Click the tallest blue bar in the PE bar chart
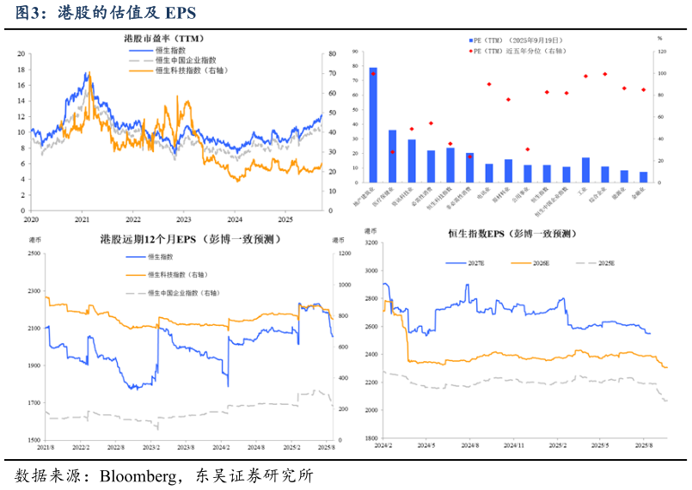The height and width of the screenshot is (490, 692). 372,125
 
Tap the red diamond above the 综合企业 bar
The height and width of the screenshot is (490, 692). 605,74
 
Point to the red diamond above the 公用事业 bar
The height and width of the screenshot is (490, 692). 528,149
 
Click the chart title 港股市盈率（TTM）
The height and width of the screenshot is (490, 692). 164,39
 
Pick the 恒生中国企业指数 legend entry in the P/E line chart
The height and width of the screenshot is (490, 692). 180,61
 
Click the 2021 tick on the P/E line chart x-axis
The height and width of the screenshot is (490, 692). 82,219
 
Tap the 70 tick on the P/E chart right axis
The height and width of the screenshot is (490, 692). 332,73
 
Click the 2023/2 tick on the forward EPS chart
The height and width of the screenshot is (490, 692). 150,447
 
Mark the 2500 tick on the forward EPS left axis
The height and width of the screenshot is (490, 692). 31,254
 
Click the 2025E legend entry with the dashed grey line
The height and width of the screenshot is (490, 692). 606,263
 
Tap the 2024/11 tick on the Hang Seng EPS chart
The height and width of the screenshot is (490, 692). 513,445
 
